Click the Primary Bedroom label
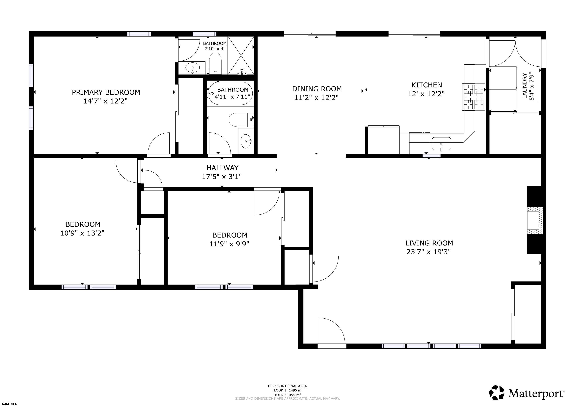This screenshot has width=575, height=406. (x=106, y=92)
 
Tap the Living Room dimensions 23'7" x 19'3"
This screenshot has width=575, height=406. (x=428, y=252)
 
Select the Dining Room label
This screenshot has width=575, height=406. (x=317, y=89)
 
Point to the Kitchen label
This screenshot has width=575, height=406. (x=427, y=85)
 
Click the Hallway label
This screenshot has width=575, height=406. (x=222, y=168)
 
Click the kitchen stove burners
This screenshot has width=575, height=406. (x=473, y=97)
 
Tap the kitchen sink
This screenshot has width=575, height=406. (x=441, y=144)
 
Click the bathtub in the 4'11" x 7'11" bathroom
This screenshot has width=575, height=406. (x=230, y=94)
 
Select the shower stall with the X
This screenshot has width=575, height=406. (x=241, y=55)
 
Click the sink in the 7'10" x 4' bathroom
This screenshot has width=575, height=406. (x=193, y=67)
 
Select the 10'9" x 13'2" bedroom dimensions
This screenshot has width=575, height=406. (x=82, y=233)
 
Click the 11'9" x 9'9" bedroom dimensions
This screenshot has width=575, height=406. (x=229, y=243)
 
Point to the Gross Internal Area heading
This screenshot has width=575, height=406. (x=287, y=386)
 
